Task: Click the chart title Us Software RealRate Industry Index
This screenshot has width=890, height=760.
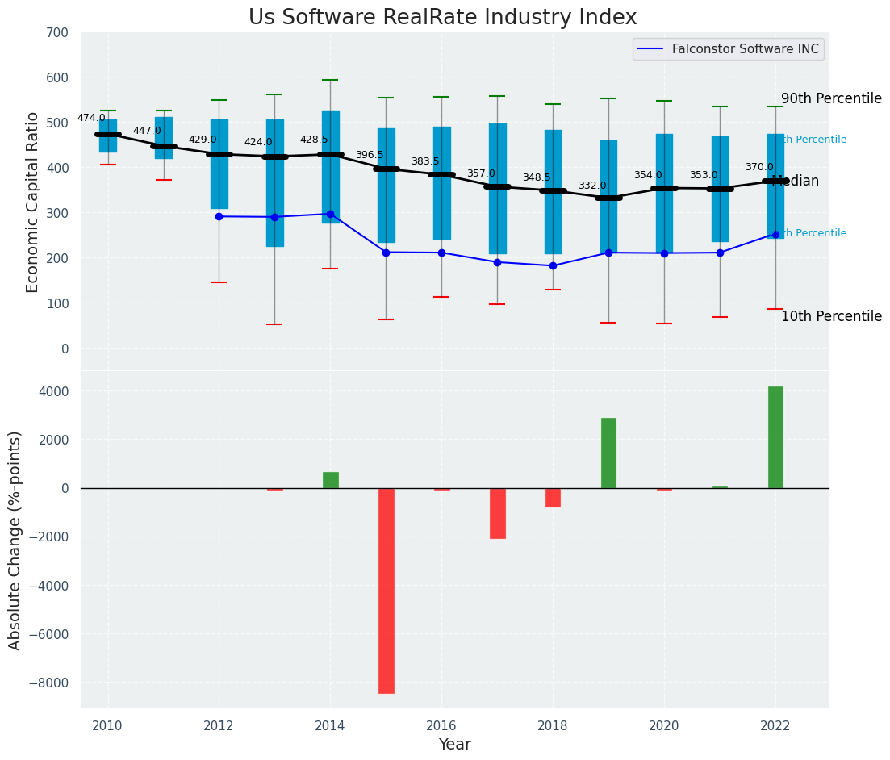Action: [442, 18]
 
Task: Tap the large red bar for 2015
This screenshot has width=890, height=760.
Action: [387, 591]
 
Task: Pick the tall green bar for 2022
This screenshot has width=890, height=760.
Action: [775, 437]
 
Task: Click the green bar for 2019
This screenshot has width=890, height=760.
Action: [608, 453]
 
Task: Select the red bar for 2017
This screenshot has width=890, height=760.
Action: [497, 513]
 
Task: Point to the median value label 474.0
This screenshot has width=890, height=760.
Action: [91, 118]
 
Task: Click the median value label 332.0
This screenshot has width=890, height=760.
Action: [591, 186]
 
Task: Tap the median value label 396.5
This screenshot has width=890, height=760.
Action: [370, 155]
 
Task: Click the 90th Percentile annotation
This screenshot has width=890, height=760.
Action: [831, 98]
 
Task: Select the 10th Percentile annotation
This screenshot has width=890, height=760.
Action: [831, 316]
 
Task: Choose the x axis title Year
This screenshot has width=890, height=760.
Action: [454, 744]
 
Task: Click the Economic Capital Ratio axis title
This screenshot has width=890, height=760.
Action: [33, 202]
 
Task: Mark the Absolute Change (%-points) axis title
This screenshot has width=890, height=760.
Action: [15, 540]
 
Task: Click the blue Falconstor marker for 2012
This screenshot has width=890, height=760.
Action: [219, 216]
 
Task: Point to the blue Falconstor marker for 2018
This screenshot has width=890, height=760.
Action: [553, 265]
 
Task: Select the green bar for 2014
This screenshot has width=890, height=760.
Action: [330, 480]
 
